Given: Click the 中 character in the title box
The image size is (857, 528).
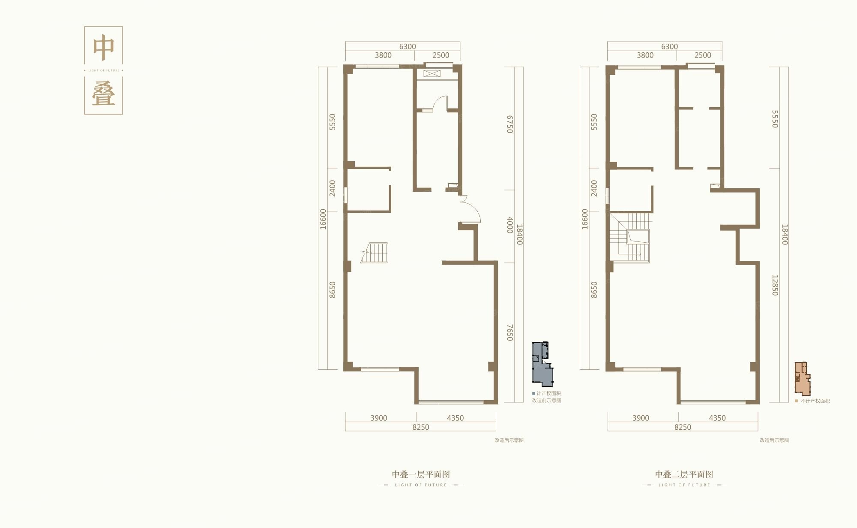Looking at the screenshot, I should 104,48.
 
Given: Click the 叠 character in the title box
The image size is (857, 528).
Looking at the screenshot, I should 104,94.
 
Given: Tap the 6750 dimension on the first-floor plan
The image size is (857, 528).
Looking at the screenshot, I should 509,124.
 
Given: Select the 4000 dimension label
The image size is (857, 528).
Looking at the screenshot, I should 509,225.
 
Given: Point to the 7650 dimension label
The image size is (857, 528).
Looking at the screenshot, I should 509,332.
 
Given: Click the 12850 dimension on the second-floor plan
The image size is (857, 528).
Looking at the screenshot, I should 775,285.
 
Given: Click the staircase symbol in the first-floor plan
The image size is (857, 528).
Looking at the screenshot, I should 375,253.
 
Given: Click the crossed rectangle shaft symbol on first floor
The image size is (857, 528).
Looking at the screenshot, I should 432,74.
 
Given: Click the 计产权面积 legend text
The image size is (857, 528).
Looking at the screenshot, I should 548,393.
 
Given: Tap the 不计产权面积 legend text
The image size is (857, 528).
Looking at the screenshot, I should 815,401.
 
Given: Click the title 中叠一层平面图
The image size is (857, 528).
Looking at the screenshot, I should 421,474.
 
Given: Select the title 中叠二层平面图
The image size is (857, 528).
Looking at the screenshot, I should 684,474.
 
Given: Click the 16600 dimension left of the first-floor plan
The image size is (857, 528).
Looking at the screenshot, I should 323,219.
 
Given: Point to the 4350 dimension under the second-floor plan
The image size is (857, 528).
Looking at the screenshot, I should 717,418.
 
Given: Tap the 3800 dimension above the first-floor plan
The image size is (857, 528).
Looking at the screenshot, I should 383,55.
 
